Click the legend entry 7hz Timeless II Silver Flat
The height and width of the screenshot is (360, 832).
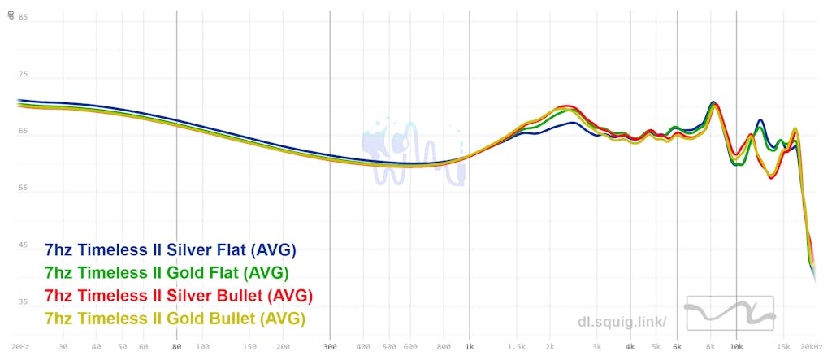point(171,249)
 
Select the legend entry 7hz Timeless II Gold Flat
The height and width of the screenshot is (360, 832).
point(167,271)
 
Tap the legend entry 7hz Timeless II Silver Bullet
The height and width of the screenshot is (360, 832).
point(180,294)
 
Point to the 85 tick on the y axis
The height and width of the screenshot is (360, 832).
point(23,17)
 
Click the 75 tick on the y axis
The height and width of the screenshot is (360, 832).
point(23,74)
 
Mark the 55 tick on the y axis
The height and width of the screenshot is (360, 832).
point(23,188)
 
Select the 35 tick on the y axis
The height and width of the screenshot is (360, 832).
point(23,301)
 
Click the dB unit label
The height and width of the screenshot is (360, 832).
point(11,15)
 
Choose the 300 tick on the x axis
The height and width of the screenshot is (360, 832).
point(329,347)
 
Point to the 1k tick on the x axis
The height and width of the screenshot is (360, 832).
point(470,347)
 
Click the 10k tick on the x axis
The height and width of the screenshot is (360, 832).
point(736,347)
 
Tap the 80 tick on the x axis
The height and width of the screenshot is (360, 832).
point(176,347)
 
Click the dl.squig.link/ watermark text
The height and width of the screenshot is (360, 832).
point(622,322)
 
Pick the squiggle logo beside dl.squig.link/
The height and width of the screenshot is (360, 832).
point(729,314)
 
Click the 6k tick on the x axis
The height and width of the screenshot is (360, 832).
point(677,347)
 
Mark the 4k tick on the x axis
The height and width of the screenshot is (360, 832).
point(630,347)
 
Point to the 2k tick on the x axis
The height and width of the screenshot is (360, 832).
point(550,347)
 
